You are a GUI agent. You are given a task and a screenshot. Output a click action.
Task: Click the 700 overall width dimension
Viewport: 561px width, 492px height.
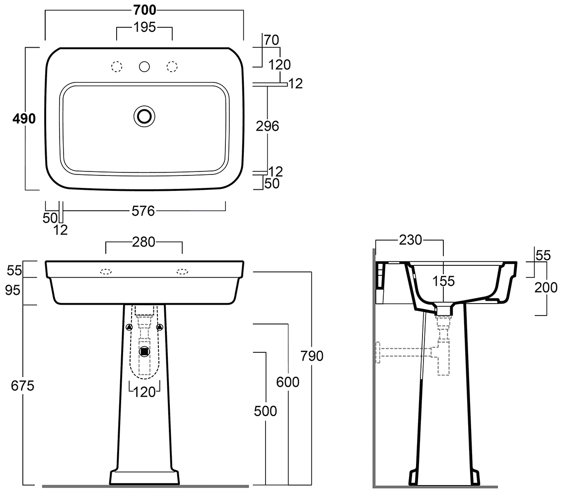point(144,10)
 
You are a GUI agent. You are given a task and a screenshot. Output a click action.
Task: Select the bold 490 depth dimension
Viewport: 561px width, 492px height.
point(24,118)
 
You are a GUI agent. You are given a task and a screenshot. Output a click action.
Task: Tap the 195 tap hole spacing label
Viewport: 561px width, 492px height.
point(144,27)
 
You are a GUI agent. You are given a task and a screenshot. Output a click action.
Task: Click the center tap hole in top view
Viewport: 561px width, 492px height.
point(144,67)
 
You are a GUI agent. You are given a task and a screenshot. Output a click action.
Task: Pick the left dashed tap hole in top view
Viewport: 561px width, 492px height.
point(117,67)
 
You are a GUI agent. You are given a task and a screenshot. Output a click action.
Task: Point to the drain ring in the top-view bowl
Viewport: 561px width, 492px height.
point(144,116)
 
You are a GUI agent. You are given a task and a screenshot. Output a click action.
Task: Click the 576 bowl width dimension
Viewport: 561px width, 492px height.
point(143,211)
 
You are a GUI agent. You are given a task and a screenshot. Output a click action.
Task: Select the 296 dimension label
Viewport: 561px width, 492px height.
point(267,126)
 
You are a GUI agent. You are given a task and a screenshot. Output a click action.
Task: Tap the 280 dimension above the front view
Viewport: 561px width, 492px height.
point(143,243)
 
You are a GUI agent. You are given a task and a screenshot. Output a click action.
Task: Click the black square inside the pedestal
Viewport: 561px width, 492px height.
point(144,352)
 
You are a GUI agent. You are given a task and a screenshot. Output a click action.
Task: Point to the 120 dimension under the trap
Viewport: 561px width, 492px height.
point(144,392)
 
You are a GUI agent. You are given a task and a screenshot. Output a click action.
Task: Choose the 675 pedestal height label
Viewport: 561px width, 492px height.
point(22,386)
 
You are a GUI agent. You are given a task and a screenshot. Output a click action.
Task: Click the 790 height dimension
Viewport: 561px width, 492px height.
point(312,356)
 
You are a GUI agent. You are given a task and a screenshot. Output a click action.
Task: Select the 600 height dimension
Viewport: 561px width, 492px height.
point(287,382)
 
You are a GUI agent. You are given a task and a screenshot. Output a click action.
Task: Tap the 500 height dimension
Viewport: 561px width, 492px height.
point(266,411)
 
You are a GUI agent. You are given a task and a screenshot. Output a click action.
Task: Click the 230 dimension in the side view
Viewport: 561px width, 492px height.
point(411,240)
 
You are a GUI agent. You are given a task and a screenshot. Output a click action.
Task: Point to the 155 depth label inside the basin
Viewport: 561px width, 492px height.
point(443,281)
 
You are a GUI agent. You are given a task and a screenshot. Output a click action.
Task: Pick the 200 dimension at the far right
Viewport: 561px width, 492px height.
point(546,287)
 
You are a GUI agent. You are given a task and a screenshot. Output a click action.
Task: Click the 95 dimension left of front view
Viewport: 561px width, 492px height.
point(13,290)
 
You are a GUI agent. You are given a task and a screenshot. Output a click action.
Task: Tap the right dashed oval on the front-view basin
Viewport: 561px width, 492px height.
point(182,272)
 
